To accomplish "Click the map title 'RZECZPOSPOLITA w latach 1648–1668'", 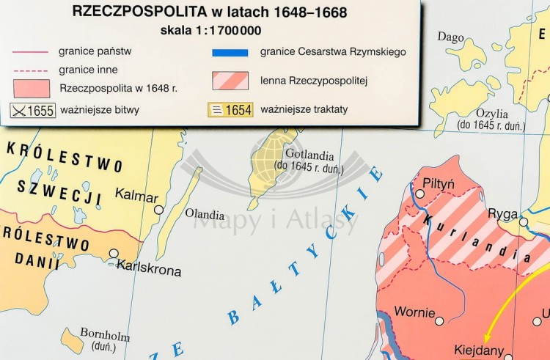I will [x=210, y=12].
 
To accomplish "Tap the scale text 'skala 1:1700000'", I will [x=210, y=31].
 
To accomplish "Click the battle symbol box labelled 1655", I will [x=33, y=111].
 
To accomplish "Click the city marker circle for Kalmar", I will [x=158, y=210].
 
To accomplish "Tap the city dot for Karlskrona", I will [x=114, y=254].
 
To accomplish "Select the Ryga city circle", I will [x=524, y=221].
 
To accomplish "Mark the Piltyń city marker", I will [x=419, y=194].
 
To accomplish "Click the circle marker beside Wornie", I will [x=439, y=320].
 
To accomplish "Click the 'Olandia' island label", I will [x=205, y=215].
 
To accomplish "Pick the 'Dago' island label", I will [x=451, y=36].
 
